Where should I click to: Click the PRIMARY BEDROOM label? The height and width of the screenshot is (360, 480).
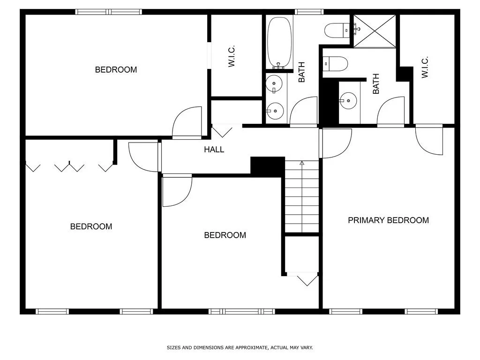[388, 220]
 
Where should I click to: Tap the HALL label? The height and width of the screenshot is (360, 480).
[214, 150]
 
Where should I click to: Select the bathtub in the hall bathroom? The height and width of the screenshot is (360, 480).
[279, 43]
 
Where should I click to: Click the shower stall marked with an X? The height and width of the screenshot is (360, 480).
[375, 31]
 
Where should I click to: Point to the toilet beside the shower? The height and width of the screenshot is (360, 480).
[337, 30]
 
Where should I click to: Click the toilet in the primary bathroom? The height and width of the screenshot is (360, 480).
[335, 64]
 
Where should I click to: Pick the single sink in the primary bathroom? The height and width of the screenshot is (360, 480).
[348, 100]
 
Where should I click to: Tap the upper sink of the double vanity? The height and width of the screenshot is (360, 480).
[274, 84]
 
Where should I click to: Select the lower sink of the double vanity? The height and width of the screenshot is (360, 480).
[275, 111]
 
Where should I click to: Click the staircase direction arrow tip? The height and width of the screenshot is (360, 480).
[302, 162]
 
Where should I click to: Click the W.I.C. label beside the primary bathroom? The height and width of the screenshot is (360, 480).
[425, 67]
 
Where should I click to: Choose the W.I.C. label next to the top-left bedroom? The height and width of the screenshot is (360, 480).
[232, 56]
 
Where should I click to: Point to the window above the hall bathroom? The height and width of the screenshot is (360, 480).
[309, 12]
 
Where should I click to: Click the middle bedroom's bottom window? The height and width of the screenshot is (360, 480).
[242, 312]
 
